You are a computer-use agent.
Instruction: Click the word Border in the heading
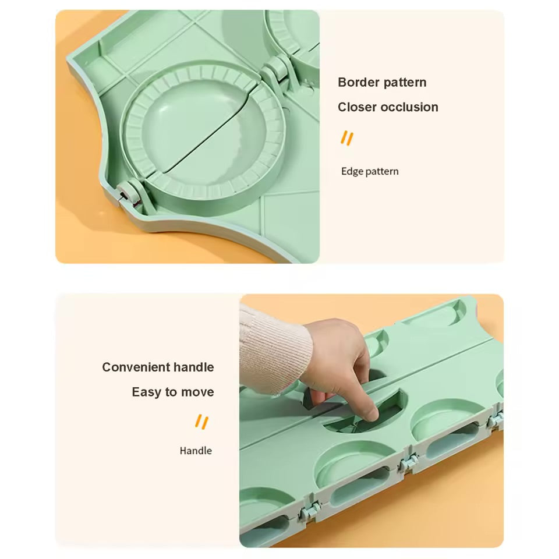coord(359,82)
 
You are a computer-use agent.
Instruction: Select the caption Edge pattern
coord(370,171)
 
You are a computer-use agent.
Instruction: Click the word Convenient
coord(135,367)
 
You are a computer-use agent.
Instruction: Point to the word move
coord(197,392)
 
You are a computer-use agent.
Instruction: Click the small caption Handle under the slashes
coord(196,451)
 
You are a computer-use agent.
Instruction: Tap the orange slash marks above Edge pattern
coord(347,139)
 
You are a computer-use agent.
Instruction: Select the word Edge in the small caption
coord(352,171)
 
